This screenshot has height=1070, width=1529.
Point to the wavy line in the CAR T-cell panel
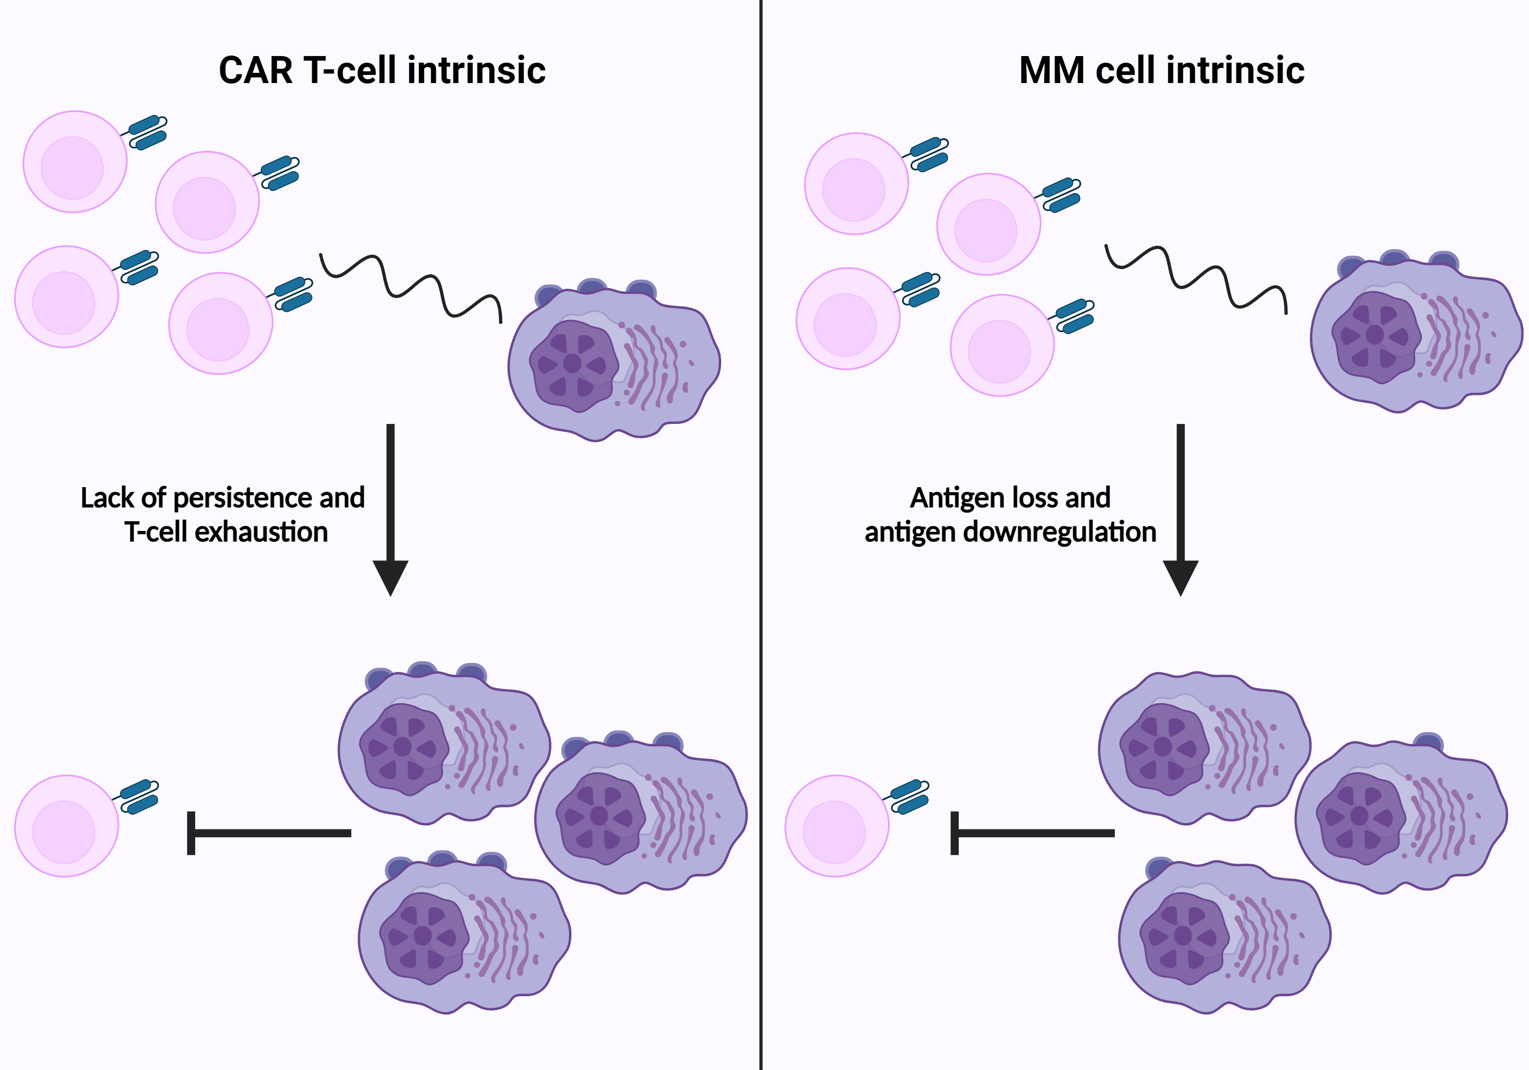click(x=411, y=286)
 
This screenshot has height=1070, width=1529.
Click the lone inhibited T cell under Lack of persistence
click(x=67, y=825)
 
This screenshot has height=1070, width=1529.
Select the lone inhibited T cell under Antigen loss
click(x=836, y=825)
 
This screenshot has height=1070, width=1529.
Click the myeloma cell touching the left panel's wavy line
click(x=613, y=363)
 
